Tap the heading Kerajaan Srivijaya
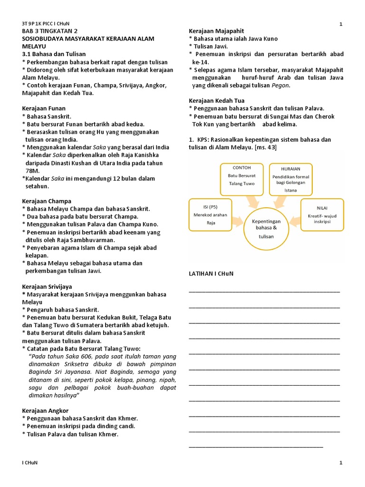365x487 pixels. [48, 287]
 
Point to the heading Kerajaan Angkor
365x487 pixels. [46, 410]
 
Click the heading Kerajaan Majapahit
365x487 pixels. [215, 31]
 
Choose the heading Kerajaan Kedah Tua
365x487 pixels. [217, 101]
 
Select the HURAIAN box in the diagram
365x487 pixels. [290, 178]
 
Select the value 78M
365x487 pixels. [33, 170]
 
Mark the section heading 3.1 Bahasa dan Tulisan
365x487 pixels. [54, 55]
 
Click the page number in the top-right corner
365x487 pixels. [341, 24]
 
